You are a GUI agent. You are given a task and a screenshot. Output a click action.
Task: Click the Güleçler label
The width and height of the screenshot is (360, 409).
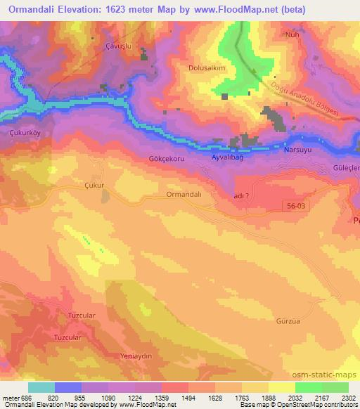pyautogui.click(x=346, y=169)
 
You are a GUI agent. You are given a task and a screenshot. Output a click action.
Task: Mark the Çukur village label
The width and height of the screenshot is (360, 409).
pyautogui.click(x=94, y=186)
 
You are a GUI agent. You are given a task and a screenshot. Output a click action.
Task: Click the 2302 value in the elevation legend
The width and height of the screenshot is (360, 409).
pyautogui.click(x=347, y=397)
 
